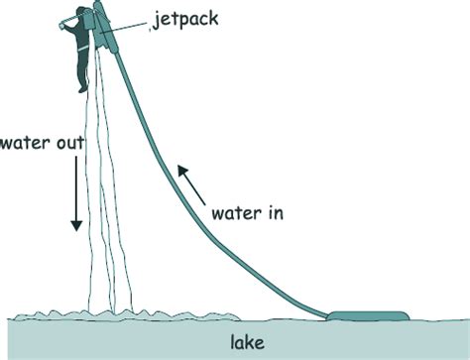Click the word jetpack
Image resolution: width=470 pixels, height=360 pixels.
[x=188, y=19]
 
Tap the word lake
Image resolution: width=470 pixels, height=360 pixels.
[x=248, y=343]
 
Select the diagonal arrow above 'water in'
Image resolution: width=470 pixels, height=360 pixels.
[x=189, y=182]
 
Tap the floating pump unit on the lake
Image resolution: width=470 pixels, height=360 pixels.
[x=367, y=317]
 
